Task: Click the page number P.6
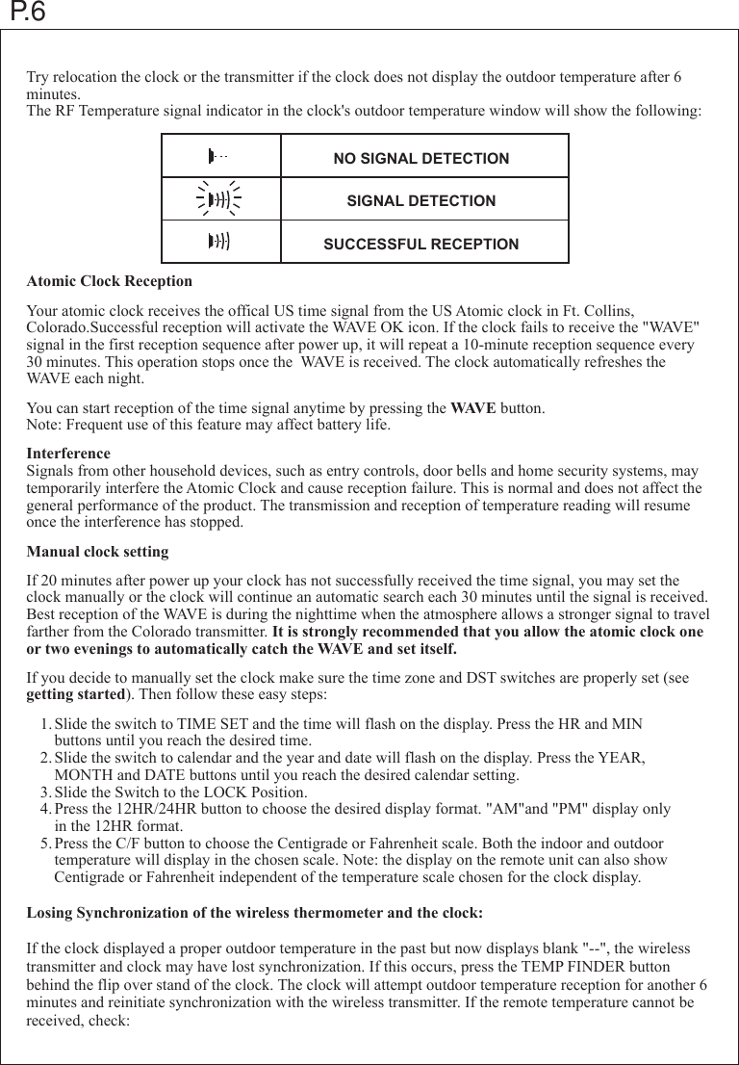[x=26, y=13]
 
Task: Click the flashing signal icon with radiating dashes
[x=219, y=200]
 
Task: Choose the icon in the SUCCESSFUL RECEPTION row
[x=219, y=242]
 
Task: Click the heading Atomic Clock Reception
[x=109, y=282]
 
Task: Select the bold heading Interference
[x=68, y=454]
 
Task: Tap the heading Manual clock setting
[x=97, y=553]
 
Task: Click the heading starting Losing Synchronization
[x=254, y=912]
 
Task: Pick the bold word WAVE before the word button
[x=473, y=408]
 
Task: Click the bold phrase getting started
[x=75, y=695]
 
